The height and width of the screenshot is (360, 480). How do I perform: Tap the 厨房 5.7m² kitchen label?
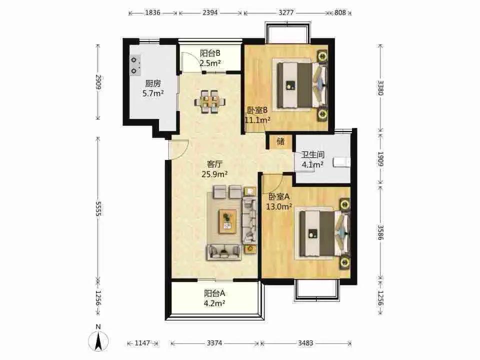pos(153,88)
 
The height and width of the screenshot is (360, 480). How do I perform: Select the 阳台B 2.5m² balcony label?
pos(210,58)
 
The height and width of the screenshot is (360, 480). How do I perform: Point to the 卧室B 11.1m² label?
pos(257,115)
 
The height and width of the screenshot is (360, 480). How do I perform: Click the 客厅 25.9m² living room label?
pos(214,169)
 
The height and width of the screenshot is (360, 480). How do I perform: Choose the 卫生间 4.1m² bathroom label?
pos(312,159)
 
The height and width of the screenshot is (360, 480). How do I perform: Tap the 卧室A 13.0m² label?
pos(279,201)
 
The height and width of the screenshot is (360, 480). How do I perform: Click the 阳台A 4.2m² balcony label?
pos(214,298)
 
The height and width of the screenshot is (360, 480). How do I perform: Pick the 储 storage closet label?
pos(280,141)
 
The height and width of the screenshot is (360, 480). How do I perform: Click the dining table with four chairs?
pos(210,101)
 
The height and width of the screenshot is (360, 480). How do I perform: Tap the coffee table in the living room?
pos(227,221)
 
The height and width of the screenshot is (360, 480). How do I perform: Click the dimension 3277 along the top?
pos(286,12)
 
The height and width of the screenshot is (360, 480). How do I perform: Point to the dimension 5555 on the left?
pos(98,209)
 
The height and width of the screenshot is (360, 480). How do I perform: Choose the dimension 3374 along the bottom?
pos(214,343)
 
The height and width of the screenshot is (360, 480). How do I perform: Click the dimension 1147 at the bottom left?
pos(142,343)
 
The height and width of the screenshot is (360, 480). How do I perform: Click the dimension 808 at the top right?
pos(340,12)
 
